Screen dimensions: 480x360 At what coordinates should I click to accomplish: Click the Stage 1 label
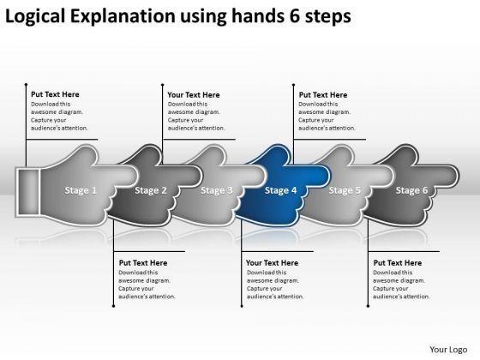tap(81, 190)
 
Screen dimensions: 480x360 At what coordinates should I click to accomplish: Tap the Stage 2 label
tap(151, 190)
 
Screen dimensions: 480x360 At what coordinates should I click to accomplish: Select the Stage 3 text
tap(217, 190)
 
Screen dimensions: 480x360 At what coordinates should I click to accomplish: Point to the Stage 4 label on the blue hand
tap(281, 190)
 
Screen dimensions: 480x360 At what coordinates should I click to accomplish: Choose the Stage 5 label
tap(345, 190)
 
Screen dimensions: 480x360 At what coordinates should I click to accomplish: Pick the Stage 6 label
tap(411, 190)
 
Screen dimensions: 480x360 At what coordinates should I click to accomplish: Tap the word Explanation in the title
tap(123, 16)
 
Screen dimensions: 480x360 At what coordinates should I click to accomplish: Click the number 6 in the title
tap(295, 16)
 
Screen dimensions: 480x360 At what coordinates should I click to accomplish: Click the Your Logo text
tap(448, 350)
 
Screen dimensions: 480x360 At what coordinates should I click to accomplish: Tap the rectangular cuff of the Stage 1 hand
tap(27, 192)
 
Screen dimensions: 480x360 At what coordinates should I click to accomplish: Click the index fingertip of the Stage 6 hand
tap(454, 176)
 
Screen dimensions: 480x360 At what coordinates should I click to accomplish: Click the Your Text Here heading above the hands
tap(194, 95)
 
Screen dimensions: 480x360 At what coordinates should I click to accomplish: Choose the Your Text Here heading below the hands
tap(273, 263)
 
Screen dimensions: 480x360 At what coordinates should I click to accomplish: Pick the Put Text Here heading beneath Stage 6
tap(398, 263)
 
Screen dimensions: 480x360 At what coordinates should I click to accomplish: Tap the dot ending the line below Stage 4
tap(242, 306)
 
